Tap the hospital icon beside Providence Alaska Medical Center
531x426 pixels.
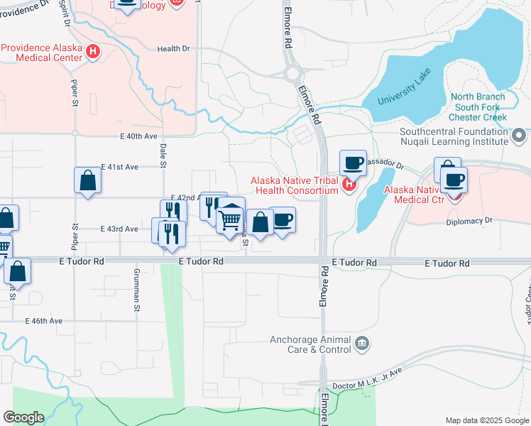point(93,52)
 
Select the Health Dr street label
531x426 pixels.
point(174,49)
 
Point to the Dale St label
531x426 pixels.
point(163,155)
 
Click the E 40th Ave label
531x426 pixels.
point(138,136)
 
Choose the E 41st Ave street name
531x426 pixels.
point(119,167)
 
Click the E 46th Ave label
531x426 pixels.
point(44,321)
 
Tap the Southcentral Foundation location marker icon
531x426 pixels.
point(519,135)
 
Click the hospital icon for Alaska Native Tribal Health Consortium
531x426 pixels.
point(348,186)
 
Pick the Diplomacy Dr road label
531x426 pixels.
point(469,221)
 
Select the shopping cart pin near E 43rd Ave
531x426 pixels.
point(231,220)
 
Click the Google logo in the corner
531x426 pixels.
point(23,417)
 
